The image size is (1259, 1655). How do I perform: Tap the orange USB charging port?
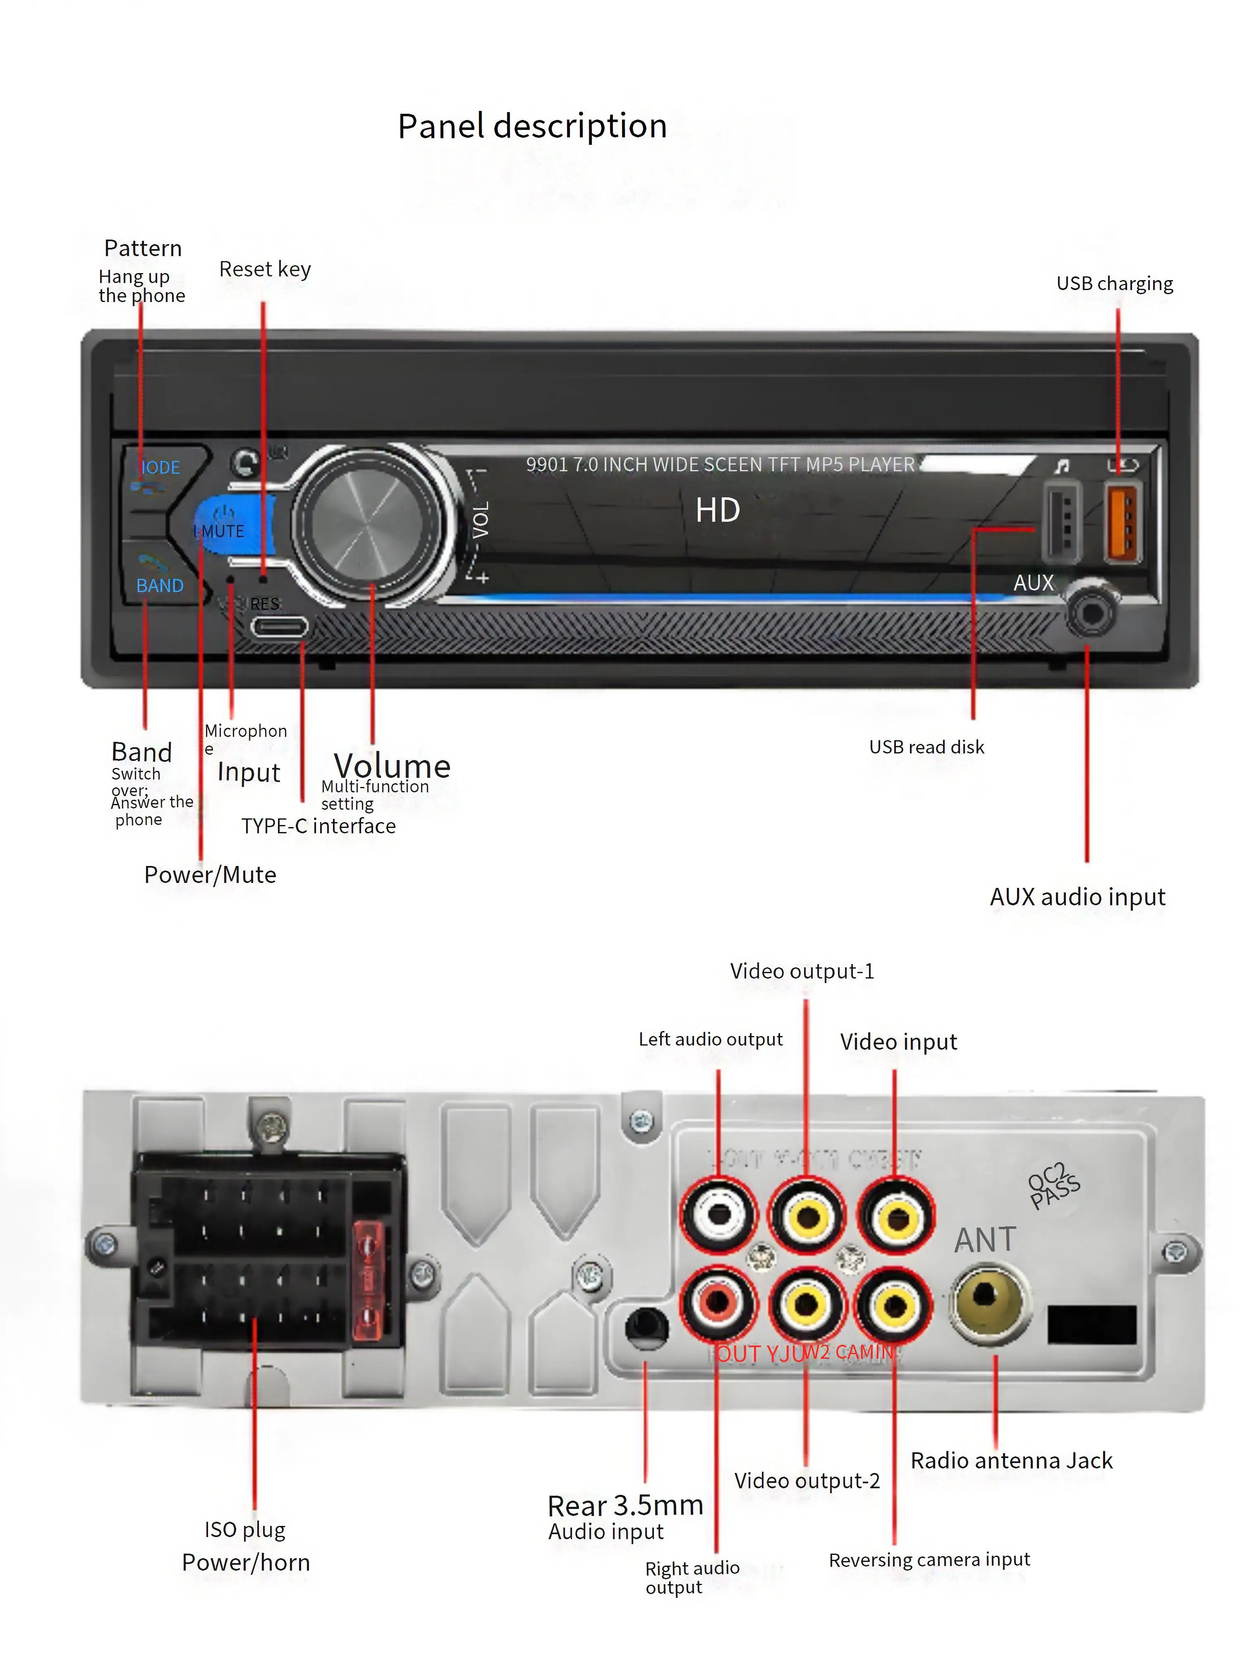1122,523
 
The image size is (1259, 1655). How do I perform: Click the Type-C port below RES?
279,626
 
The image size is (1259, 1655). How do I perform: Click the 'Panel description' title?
532,126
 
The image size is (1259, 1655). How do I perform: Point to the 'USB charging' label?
1114,283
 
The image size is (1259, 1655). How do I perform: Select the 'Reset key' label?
265,269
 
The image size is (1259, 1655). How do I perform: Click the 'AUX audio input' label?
1077,897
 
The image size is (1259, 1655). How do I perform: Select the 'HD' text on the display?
717,511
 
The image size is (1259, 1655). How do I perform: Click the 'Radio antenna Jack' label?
1011,1460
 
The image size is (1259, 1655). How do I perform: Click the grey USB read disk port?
1062,523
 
